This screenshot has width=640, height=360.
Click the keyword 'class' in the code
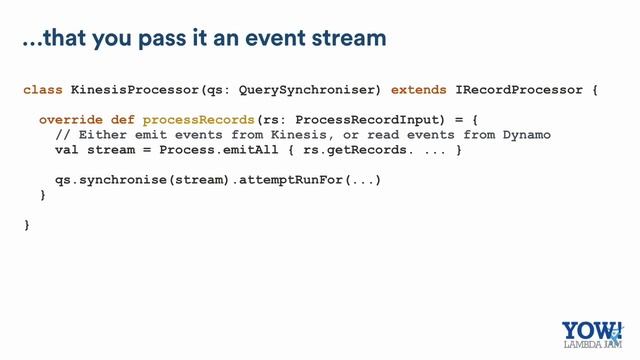pos(43,90)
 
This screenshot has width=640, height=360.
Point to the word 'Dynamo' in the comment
pos(527,135)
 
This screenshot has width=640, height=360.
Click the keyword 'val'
pos(66,150)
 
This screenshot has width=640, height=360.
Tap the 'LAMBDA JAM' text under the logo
pos(590,349)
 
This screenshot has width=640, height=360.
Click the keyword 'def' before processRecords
pos(121,120)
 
